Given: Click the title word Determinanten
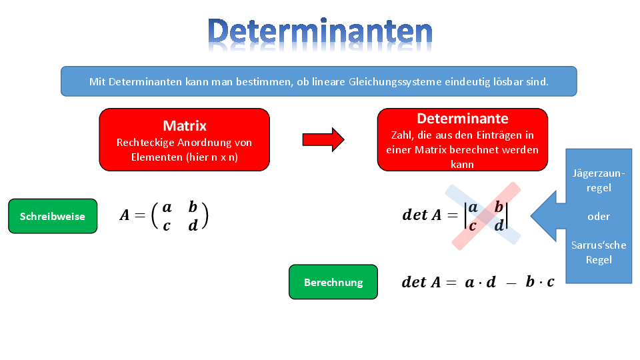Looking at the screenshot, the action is point(320,32).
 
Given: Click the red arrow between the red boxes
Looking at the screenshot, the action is point(323,139).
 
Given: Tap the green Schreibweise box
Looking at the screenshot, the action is point(53,216).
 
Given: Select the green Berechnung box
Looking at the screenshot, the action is point(333,282).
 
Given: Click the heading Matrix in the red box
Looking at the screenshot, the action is point(185,126).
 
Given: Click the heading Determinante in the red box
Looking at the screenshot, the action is point(463,119).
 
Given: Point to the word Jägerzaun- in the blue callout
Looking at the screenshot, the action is point(599,173).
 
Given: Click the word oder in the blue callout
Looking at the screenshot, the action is point(599,216).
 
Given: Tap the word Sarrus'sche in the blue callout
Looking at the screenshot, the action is point(599,245).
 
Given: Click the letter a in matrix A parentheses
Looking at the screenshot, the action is point(167,208).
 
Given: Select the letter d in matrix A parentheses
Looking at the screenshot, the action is point(193,225).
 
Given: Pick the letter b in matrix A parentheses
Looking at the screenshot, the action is point(193,207).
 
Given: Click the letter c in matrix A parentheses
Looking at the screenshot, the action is point(167,226).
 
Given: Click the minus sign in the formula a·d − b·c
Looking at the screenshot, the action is point(511,283).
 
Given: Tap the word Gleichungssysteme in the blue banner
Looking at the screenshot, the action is point(395,81).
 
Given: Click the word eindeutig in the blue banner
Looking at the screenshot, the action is point(467,81).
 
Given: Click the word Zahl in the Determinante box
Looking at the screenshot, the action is point(401,135).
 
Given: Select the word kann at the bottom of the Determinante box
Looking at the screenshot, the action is point(462,165).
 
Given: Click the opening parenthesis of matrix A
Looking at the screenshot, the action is point(155,216).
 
